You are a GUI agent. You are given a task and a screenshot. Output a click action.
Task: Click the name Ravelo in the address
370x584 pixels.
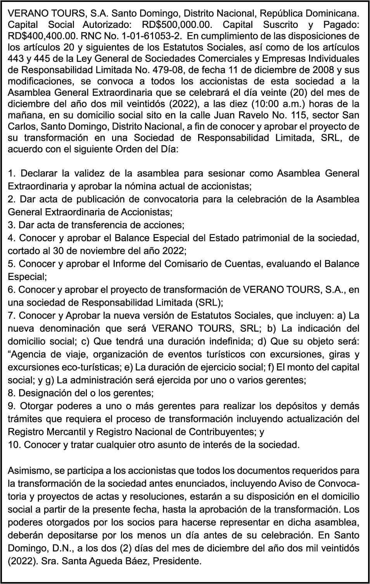tap(256, 115)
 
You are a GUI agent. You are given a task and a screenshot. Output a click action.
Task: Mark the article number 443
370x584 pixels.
tap(16, 59)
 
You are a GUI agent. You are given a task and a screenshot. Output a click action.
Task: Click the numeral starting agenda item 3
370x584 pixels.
tap(11, 225)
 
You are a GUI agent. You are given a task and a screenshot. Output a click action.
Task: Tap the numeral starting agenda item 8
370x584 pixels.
tap(11, 393)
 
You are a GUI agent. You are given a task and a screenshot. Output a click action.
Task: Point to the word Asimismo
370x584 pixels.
tap(24, 470)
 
